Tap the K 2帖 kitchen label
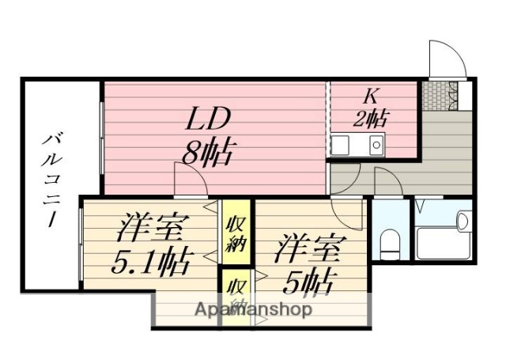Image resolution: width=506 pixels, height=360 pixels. [369, 108]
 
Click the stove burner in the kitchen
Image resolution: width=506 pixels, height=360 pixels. [376, 145]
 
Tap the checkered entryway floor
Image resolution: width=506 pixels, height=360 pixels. [433, 94]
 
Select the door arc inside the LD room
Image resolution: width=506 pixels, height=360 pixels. [191, 177]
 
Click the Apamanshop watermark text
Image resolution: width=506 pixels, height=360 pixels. [253, 309]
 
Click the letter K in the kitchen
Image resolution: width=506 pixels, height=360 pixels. [369, 97]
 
